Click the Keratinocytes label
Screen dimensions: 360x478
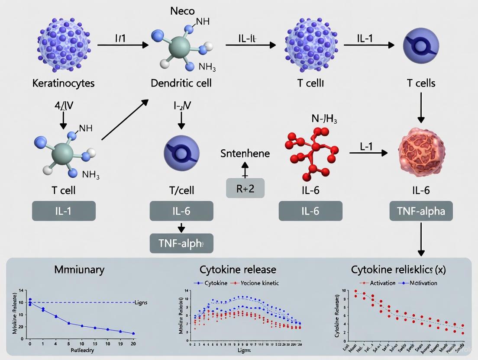63,83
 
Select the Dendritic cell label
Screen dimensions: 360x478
181,83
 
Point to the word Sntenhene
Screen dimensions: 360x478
245,153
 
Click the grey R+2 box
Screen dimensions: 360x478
245,188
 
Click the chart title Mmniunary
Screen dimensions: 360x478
79,270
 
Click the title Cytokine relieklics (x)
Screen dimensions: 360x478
398,270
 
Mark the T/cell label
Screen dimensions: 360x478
181,190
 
